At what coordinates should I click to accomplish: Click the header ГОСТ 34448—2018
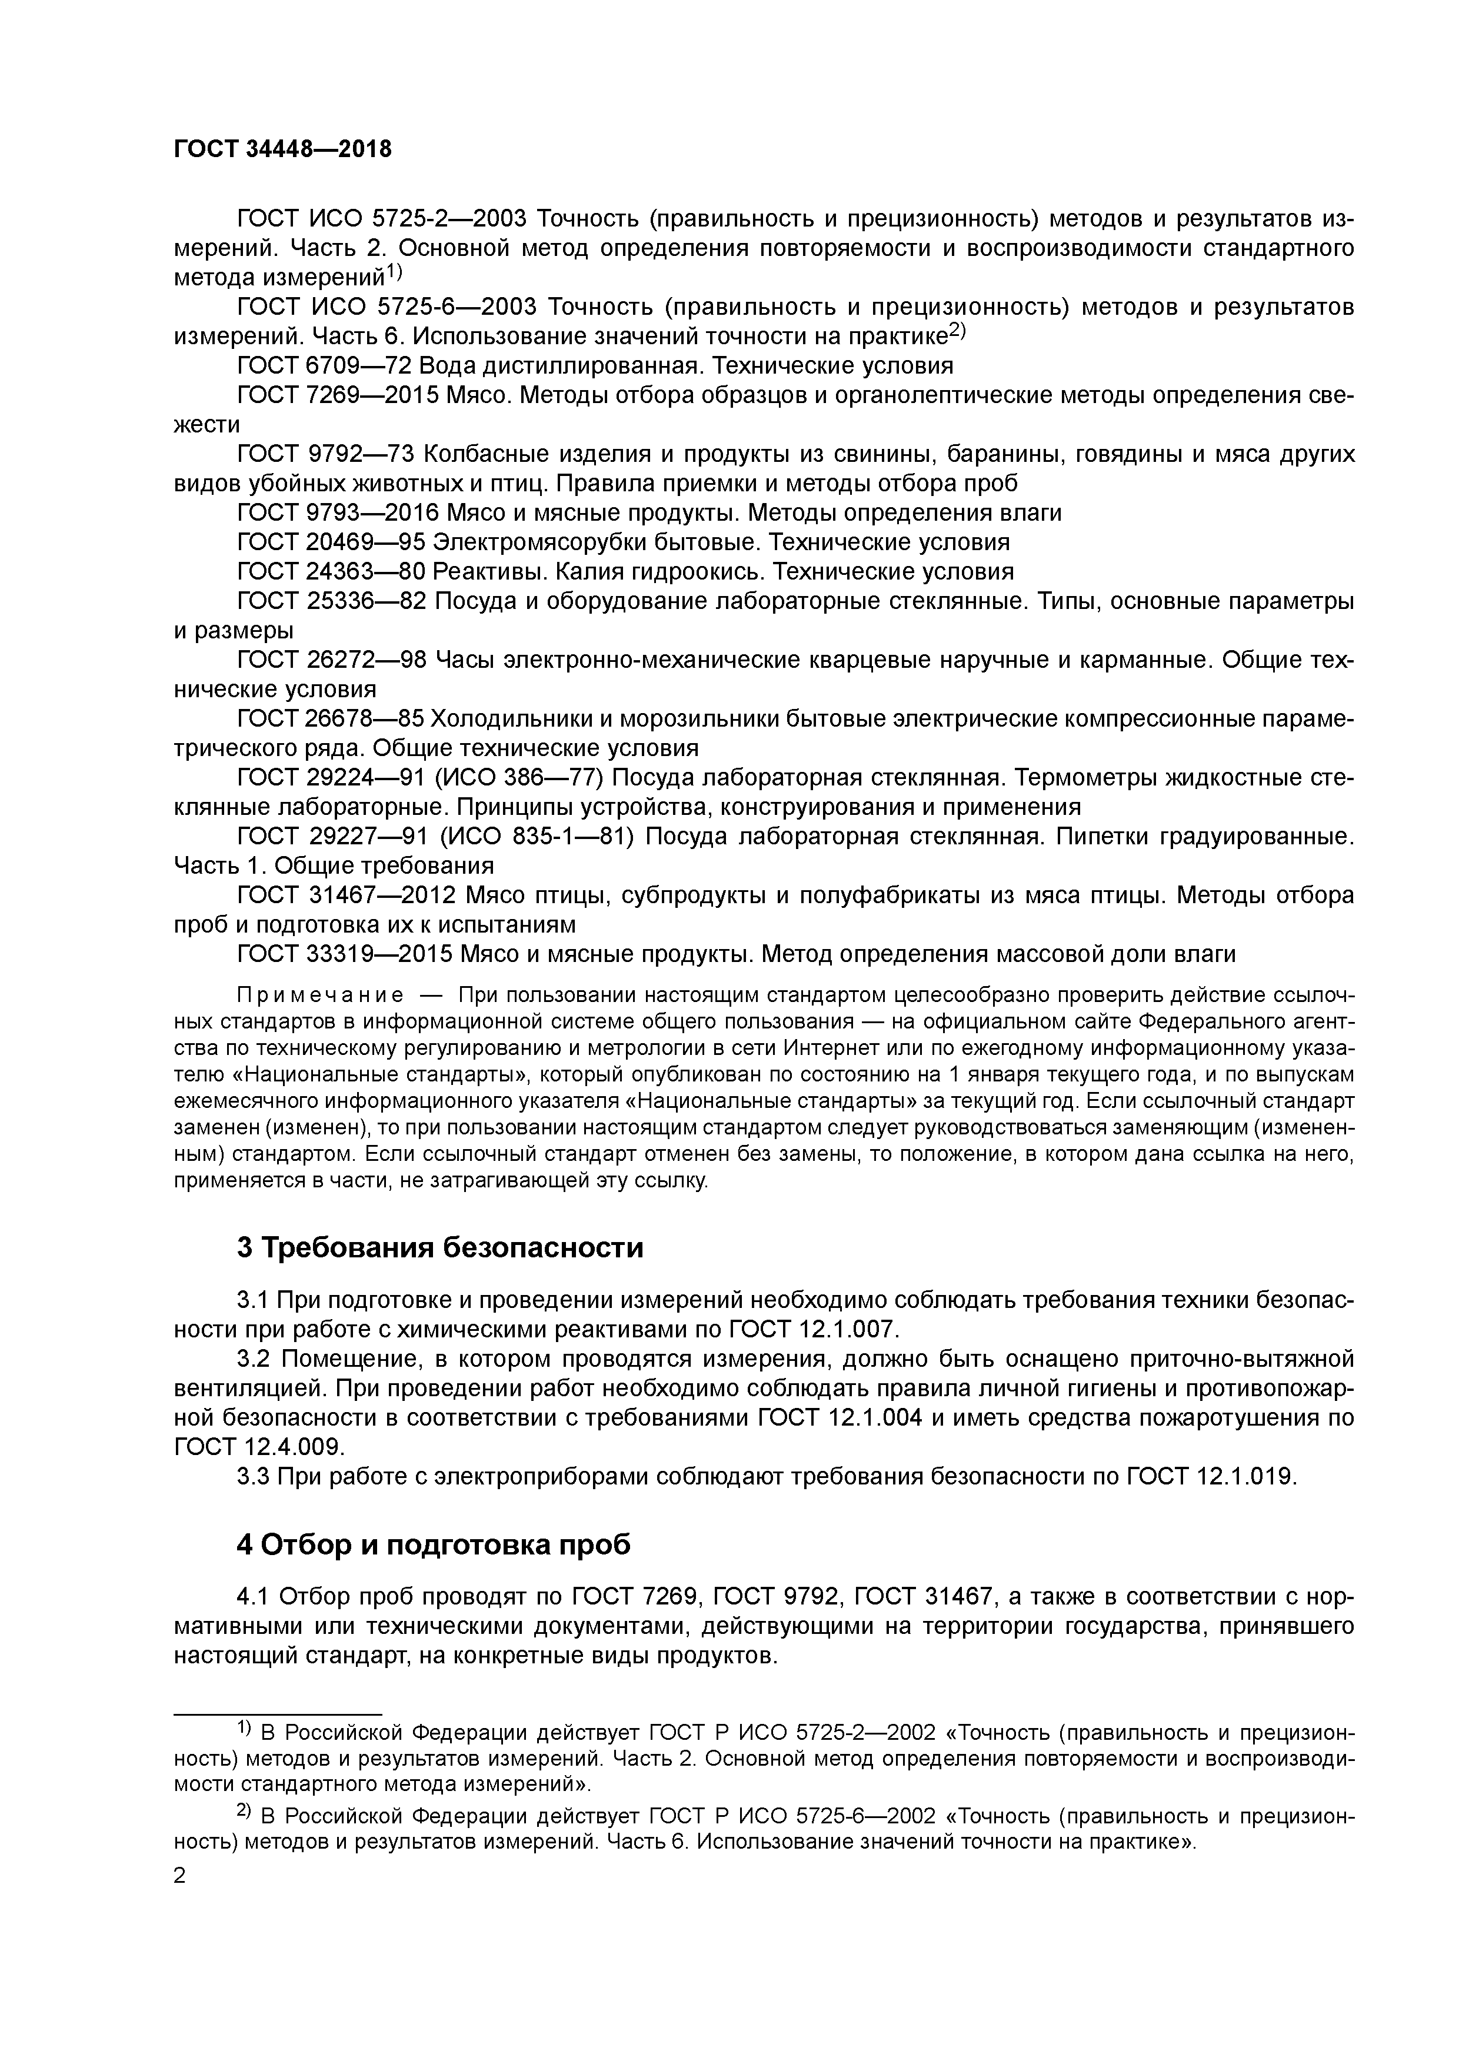pyautogui.click(x=282, y=149)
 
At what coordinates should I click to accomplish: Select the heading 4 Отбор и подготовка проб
pyautogui.click(x=434, y=1544)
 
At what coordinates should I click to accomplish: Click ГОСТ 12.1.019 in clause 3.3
pyautogui.click(x=1211, y=1476)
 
